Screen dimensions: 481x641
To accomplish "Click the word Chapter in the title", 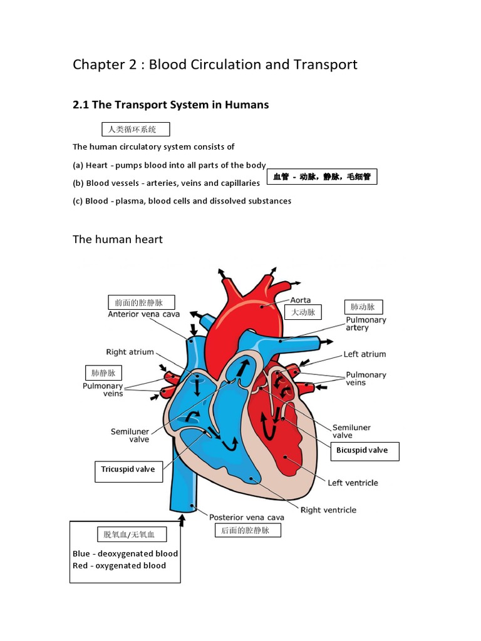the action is [98, 64].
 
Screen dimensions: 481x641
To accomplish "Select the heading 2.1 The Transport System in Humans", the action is [170, 105].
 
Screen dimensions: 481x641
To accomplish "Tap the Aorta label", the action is [300, 300].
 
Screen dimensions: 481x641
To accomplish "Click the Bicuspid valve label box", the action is [365, 451].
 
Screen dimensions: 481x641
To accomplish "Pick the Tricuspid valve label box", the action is [129, 471].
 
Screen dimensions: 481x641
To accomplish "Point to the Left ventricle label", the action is [353, 483].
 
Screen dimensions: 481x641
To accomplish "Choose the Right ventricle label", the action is [328, 510].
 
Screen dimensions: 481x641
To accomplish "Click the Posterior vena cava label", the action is [247, 517].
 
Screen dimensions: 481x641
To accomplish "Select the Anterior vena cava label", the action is [143, 314].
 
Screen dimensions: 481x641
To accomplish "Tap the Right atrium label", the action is [130, 352].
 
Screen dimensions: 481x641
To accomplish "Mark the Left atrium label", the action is [365, 354].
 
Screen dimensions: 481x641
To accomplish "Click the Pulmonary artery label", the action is [366, 324].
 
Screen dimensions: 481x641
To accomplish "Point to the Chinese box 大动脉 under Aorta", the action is [303, 312].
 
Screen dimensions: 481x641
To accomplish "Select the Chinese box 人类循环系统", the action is [136, 129].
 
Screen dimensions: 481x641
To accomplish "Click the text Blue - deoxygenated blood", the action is [125, 553].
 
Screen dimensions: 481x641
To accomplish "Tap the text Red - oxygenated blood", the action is [120, 566].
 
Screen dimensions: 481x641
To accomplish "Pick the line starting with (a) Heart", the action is [169, 165].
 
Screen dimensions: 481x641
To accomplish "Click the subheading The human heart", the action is [117, 239].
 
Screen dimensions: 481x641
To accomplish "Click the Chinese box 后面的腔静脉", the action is [248, 530].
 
